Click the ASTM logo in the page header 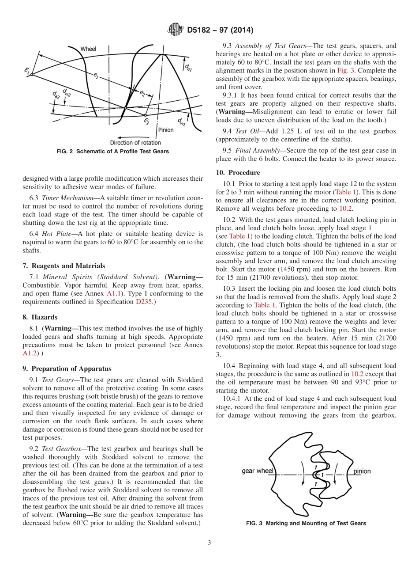pyautogui.click(x=176, y=30)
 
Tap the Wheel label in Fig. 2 pyautogui.click(x=88, y=49)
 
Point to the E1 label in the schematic pyautogui.click(x=27, y=70)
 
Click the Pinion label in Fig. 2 pyautogui.click(x=166, y=130)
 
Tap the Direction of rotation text pyautogui.click(x=135, y=142)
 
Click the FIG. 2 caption pyautogui.click(x=113, y=152)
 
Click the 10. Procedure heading pyautogui.click(x=238, y=172)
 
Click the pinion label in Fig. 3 pyautogui.click(x=362, y=471)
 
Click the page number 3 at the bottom pyautogui.click(x=209, y=543)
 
